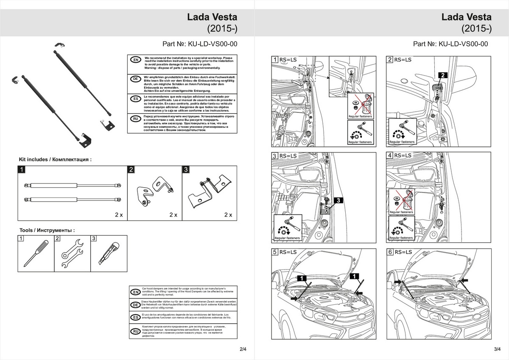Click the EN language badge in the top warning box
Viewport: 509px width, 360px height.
[135, 60]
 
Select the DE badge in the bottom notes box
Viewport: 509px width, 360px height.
[135, 305]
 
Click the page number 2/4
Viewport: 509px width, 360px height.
[243, 349]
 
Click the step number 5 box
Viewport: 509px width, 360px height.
[275, 252]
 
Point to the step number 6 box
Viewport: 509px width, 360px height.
[390, 252]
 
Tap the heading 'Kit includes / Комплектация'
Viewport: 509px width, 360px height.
[55, 160]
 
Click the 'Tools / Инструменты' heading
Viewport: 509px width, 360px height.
[47, 230]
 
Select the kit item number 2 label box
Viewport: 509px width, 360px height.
[131, 169]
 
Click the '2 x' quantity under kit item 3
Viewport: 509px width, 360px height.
[228, 215]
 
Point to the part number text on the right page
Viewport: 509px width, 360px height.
[450, 44]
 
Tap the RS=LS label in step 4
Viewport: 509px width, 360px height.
[403, 155]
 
